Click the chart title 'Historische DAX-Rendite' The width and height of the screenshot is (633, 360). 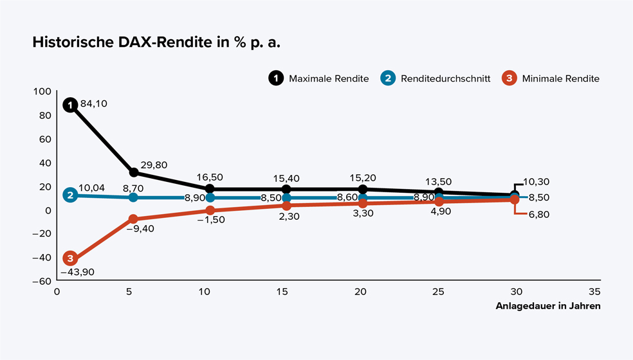(x=158, y=43)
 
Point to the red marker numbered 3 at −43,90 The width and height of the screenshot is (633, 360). (x=70, y=258)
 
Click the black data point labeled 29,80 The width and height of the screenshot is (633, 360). (x=134, y=172)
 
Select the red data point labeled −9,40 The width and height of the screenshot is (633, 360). (x=133, y=219)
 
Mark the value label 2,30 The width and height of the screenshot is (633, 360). (x=289, y=217)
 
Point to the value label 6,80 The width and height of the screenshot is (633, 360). (x=538, y=215)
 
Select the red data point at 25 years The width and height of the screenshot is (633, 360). (x=439, y=202)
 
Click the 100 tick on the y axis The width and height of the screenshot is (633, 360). (x=42, y=91)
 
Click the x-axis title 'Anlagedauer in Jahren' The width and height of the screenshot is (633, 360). (x=548, y=306)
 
